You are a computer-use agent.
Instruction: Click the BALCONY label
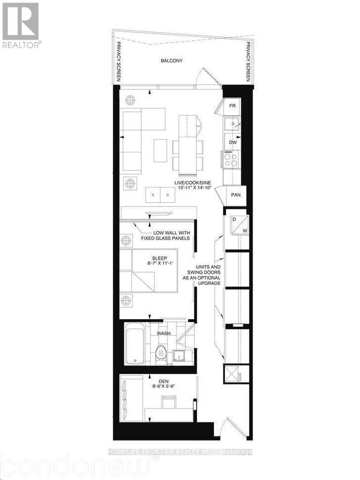(172, 61)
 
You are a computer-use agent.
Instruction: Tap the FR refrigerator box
(232, 106)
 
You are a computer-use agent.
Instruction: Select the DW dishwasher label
(233, 142)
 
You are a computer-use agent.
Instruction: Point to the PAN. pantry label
(236, 195)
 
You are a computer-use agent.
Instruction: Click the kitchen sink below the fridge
(231, 123)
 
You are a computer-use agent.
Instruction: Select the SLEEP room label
(159, 258)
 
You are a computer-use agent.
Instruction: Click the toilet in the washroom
(160, 352)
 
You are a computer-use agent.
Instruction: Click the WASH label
(164, 334)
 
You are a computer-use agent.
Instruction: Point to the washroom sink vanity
(179, 354)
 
